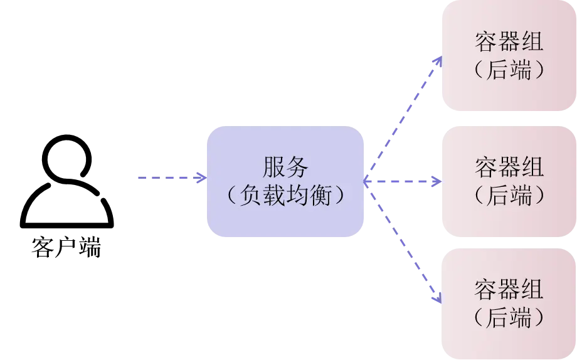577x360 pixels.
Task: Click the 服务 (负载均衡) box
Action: tap(286, 183)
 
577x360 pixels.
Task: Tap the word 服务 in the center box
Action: tap(286, 168)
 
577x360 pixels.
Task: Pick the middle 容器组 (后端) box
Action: tap(509, 183)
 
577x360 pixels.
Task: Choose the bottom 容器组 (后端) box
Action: tap(509, 304)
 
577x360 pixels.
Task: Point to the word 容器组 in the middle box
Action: tap(509, 168)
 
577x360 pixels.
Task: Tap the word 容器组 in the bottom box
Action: tap(509, 290)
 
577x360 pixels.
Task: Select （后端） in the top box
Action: tap(509, 70)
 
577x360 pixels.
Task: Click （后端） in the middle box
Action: tap(509, 196)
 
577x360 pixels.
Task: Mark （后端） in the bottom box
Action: tap(509, 318)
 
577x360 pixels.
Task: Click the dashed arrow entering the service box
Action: tap(169, 179)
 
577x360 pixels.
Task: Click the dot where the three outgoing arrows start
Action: tap(367, 181)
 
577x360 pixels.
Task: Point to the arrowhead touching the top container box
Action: tap(438, 61)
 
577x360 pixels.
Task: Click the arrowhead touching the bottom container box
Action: tap(438, 299)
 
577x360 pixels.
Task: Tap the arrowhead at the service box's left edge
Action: tap(202, 179)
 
